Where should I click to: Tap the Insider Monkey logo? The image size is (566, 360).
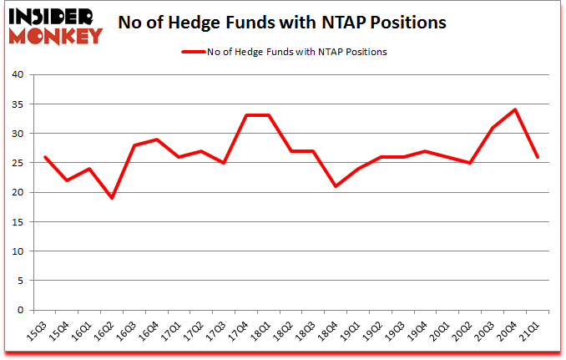click(54, 24)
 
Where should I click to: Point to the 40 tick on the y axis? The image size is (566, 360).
click(18, 75)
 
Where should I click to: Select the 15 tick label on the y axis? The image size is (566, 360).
click(18, 222)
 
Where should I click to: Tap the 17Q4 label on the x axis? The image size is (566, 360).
click(239, 332)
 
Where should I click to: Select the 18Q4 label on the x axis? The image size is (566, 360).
click(328, 332)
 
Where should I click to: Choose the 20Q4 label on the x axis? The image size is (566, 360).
click(507, 332)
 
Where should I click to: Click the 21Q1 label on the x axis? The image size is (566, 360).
click(528, 332)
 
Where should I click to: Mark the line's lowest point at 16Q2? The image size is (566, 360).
click(112, 198)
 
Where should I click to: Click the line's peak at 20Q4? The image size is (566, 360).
click(514, 109)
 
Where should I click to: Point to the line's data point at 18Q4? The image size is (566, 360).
click(336, 186)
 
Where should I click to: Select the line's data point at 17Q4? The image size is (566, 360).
click(246, 115)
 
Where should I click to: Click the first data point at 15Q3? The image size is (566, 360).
click(45, 157)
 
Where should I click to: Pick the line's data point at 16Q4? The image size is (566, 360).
click(157, 139)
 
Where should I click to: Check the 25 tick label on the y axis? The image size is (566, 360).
click(18, 163)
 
